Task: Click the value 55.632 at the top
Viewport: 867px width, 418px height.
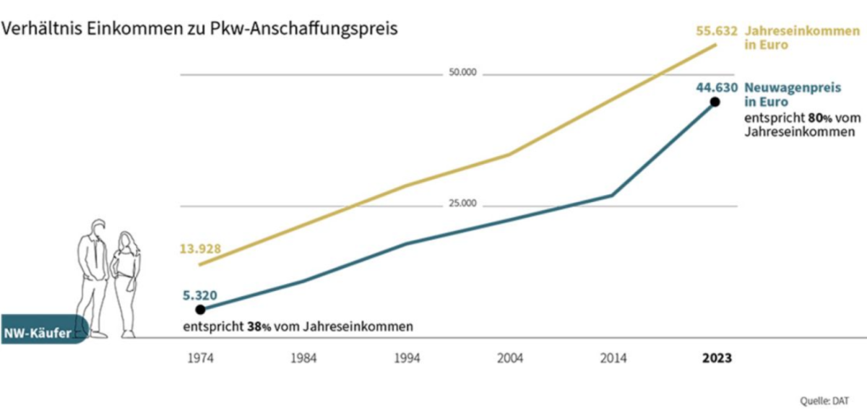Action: click(x=716, y=31)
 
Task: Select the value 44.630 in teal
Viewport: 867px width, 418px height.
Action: click(x=717, y=88)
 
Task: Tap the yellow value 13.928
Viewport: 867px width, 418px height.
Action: click(x=200, y=250)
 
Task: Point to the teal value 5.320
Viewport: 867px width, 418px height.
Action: click(x=199, y=295)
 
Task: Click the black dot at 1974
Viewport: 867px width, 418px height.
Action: click(x=200, y=309)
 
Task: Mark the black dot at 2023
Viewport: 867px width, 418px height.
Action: click(x=715, y=102)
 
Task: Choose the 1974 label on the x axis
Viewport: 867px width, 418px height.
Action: click(x=200, y=358)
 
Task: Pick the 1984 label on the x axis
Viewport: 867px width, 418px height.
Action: click(x=303, y=358)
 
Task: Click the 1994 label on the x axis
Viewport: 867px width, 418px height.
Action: click(x=406, y=358)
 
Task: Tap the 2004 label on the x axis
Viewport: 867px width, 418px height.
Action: click(x=509, y=358)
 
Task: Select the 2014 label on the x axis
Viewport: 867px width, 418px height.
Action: click(x=612, y=358)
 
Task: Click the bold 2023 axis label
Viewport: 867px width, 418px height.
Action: click(x=716, y=358)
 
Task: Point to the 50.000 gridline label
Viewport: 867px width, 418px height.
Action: click(x=462, y=74)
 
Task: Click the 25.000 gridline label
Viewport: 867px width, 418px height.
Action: click(x=462, y=204)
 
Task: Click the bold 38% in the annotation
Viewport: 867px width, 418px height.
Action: click(x=259, y=326)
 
